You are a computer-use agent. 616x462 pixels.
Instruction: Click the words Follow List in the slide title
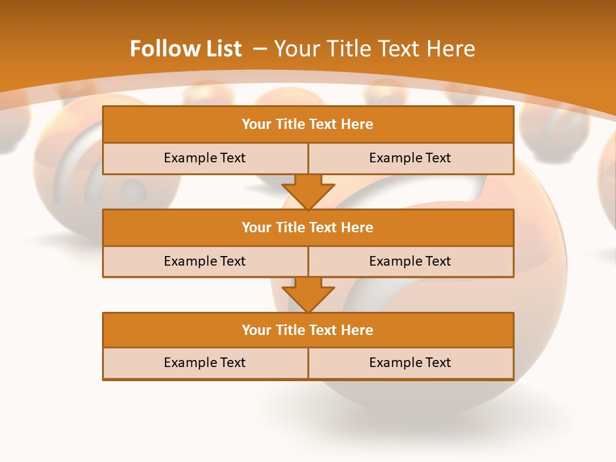tap(185, 49)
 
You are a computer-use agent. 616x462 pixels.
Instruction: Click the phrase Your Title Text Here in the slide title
tap(374, 49)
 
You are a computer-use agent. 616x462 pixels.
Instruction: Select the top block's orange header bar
tap(308, 124)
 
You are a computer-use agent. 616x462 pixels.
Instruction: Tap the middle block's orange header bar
tap(308, 227)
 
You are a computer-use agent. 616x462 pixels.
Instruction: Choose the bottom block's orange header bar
tap(308, 330)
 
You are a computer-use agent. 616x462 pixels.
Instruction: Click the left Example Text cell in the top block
tap(205, 158)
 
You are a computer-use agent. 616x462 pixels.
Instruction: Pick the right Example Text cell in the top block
tap(410, 158)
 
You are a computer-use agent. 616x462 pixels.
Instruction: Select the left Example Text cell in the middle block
tap(205, 261)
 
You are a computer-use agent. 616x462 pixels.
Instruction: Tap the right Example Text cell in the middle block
tap(410, 261)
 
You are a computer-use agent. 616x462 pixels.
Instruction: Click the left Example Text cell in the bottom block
tap(205, 363)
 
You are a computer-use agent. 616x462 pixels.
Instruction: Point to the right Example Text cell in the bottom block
tap(410, 363)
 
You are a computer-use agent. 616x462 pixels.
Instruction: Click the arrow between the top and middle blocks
tap(308, 191)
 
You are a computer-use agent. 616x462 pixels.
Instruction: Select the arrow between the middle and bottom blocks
tap(308, 294)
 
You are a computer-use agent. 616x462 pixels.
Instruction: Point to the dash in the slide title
tap(260, 49)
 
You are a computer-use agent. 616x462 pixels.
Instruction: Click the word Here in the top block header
tap(357, 124)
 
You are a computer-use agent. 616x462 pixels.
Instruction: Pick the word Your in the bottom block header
tap(256, 330)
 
